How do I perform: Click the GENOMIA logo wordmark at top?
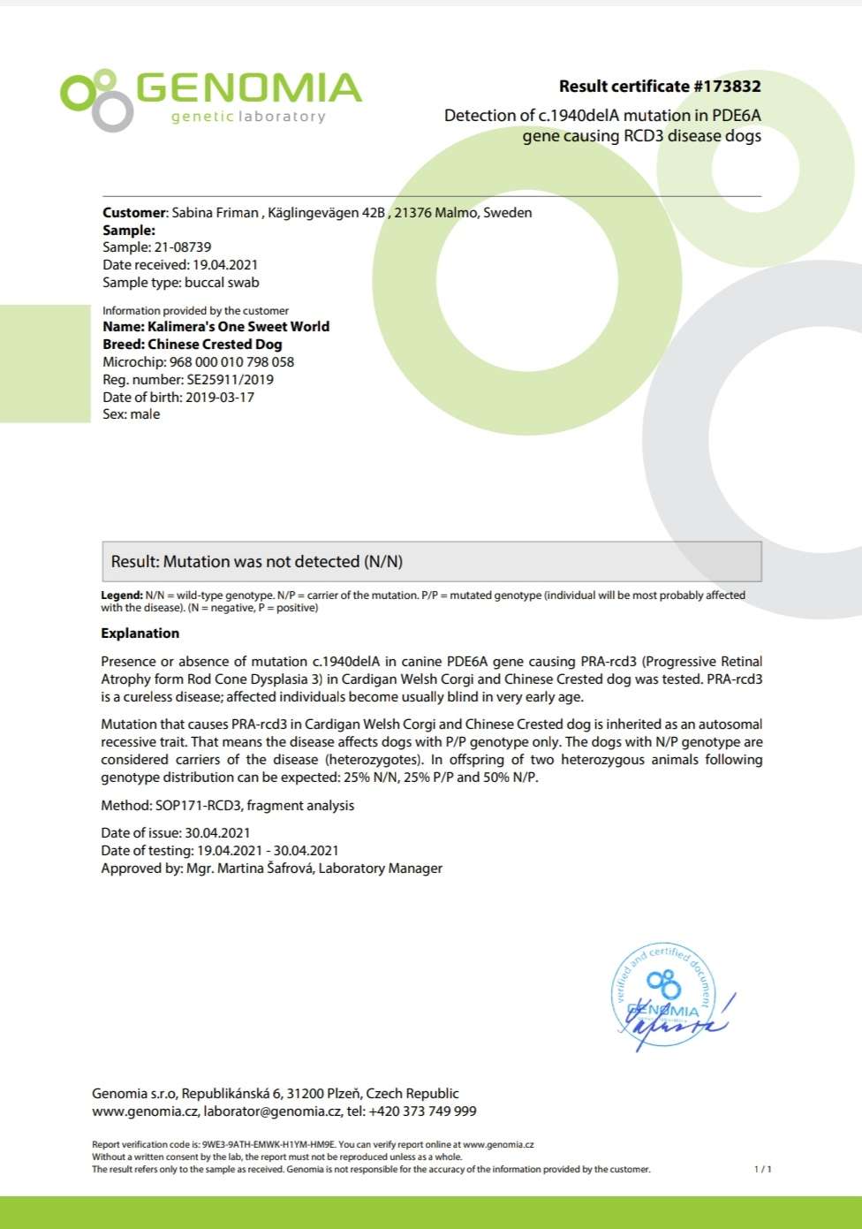(249, 88)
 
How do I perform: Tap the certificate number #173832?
(727, 87)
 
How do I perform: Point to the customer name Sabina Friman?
(215, 212)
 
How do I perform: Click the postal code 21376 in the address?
(412, 212)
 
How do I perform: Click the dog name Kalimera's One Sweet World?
(238, 327)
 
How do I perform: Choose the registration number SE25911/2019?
(231, 380)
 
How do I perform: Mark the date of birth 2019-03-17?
(220, 398)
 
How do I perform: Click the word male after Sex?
(146, 414)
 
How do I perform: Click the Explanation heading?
(140, 633)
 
